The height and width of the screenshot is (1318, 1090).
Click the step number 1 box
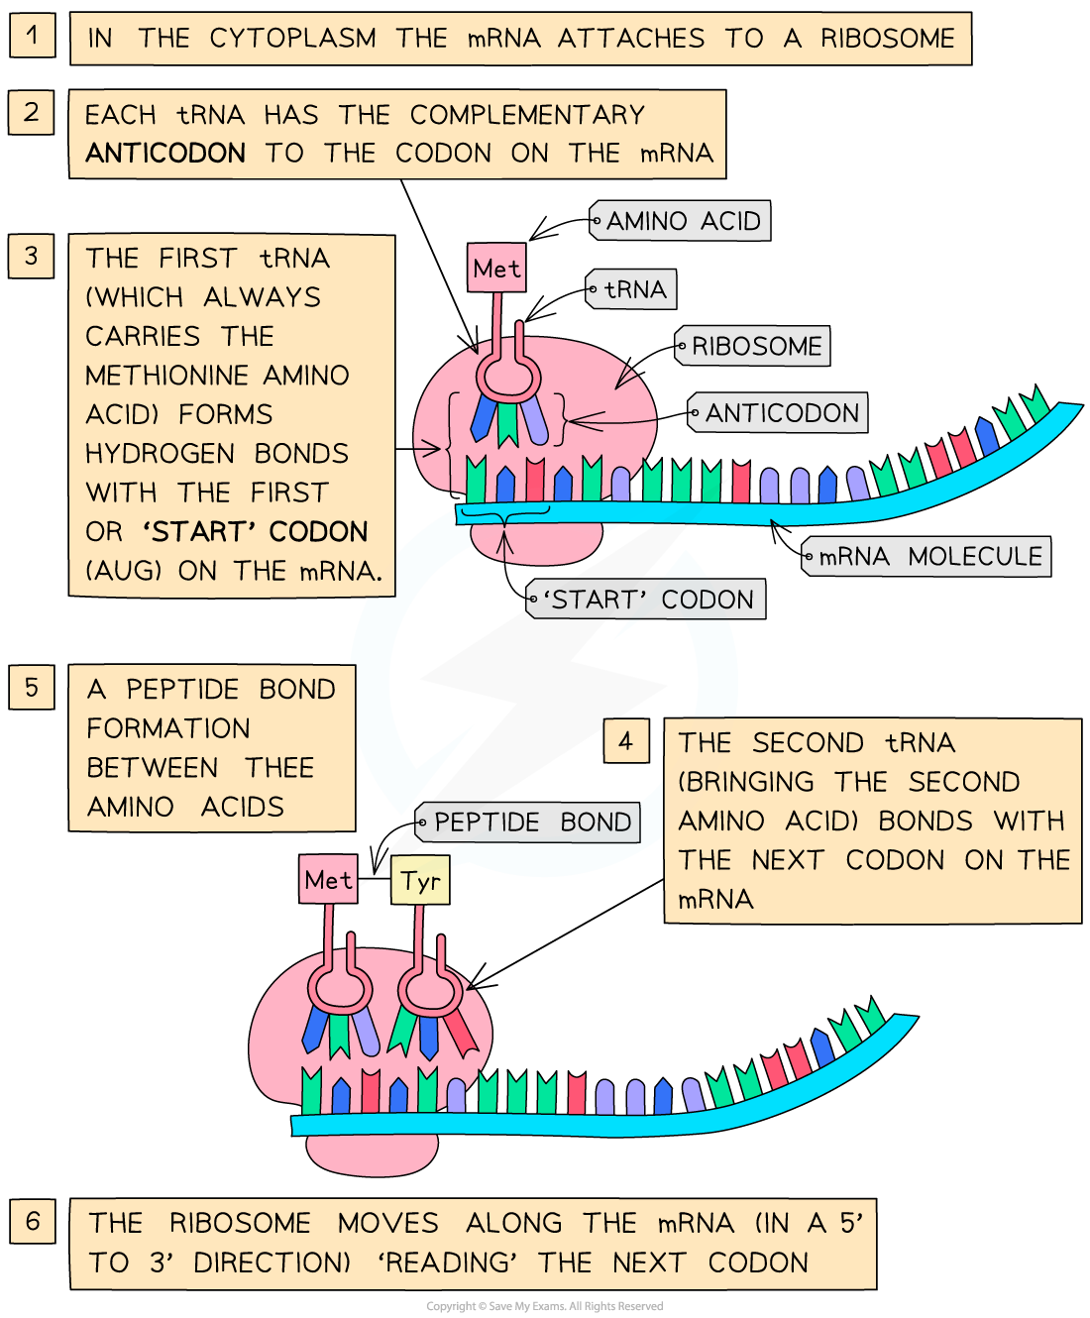tap(32, 36)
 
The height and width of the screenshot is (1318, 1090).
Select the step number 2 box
tap(32, 112)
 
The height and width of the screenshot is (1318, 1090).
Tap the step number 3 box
tap(32, 256)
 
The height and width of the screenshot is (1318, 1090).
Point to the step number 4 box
tap(625, 741)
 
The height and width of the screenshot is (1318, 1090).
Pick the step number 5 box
tap(32, 687)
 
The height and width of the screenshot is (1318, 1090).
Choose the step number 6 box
tap(32, 1220)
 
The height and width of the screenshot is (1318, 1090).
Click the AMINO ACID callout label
tap(681, 221)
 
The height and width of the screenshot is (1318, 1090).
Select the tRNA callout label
tap(632, 289)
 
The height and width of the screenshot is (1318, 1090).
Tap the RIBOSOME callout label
tap(754, 346)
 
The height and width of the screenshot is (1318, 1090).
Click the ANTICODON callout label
tap(779, 413)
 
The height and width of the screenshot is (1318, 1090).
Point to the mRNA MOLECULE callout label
tap(927, 557)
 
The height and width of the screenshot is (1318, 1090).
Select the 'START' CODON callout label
tap(647, 600)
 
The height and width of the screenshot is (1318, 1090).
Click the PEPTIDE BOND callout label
tap(530, 823)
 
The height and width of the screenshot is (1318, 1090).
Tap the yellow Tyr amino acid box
tap(420, 881)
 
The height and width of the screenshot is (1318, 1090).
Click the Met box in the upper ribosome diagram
tap(496, 269)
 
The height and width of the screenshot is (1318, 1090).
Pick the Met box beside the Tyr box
tap(328, 880)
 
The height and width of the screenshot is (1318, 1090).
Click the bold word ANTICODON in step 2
tap(165, 154)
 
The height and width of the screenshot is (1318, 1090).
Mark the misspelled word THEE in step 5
tap(279, 768)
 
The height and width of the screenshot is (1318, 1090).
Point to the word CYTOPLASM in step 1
tap(292, 39)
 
